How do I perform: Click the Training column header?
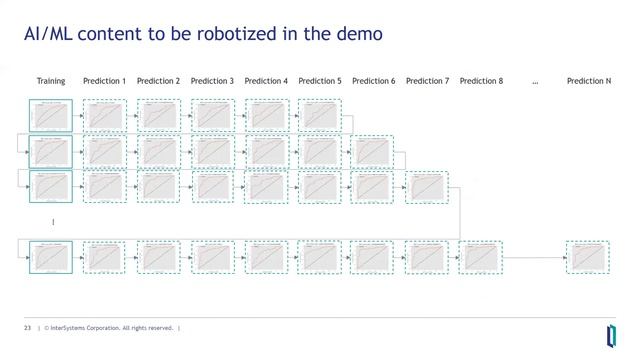pyautogui.click(x=51, y=81)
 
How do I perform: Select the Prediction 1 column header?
pyautogui.click(x=104, y=81)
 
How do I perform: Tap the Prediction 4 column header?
pyautogui.click(x=266, y=81)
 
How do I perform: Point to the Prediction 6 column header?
pyautogui.click(x=373, y=81)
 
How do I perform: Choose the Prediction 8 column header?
pyautogui.click(x=481, y=81)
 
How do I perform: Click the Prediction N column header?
pyautogui.click(x=588, y=81)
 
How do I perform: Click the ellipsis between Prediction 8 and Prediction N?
pyautogui.click(x=535, y=82)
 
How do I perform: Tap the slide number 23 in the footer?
pyautogui.click(x=28, y=327)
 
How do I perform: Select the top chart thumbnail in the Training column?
pyautogui.click(x=51, y=116)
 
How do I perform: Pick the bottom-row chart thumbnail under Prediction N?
pyautogui.click(x=588, y=257)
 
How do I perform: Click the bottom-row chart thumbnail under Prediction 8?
pyautogui.click(x=481, y=257)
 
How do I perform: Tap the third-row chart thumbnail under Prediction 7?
pyautogui.click(x=427, y=187)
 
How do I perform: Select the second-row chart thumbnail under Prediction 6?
pyautogui.click(x=373, y=152)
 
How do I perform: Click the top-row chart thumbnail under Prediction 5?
pyautogui.click(x=319, y=116)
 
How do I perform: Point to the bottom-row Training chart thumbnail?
pyautogui.click(x=51, y=257)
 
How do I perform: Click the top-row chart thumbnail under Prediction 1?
pyautogui.click(x=104, y=116)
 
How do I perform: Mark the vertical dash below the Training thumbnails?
pyautogui.click(x=52, y=221)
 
